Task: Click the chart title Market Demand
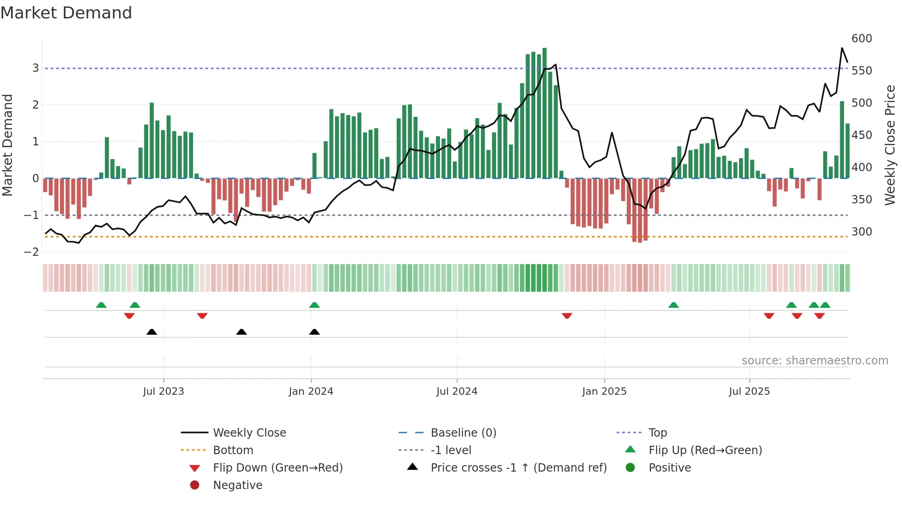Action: pos(66,13)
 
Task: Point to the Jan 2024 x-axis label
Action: pos(311,392)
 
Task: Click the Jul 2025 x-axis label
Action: pos(749,392)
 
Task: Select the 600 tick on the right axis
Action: pos(862,39)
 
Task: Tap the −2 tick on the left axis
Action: pos(32,252)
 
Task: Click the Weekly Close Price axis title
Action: pos(890,145)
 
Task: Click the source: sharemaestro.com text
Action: pos(815,361)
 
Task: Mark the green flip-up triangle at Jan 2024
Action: pos(314,305)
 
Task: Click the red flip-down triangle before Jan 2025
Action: pos(567,316)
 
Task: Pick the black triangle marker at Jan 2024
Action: pos(314,332)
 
